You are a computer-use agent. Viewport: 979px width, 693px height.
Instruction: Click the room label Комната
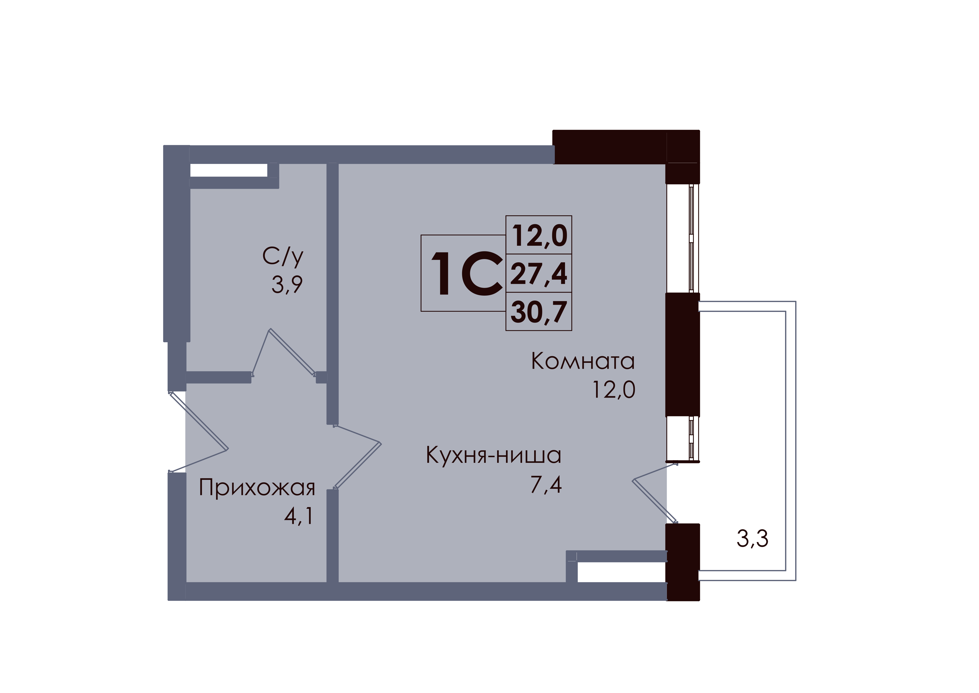pyautogui.click(x=583, y=361)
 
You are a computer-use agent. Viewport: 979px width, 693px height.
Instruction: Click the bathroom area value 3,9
pyautogui.click(x=287, y=285)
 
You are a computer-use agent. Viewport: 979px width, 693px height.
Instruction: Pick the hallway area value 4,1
pyautogui.click(x=299, y=516)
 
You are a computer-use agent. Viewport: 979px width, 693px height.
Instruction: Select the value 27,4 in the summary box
pyautogui.click(x=539, y=274)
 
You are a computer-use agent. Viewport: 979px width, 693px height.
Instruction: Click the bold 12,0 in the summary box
pyautogui.click(x=539, y=236)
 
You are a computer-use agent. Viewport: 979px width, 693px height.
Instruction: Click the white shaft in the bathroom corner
pyautogui.click(x=228, y=170)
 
